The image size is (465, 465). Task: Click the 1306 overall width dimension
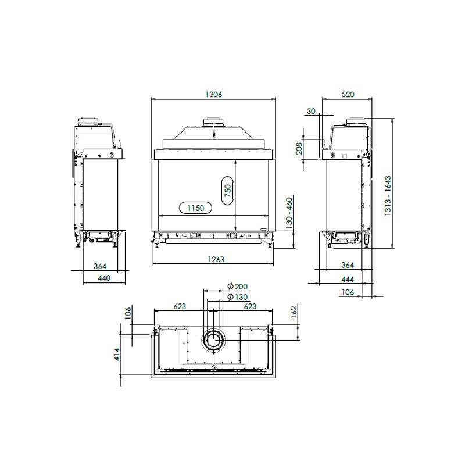(213, 95)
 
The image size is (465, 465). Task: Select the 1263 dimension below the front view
(216, 259)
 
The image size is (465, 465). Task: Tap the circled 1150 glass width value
(196, 208)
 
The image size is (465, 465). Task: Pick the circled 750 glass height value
(228, 191)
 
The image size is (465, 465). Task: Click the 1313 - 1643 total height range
(388, 195)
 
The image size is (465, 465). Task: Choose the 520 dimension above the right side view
(348, 94)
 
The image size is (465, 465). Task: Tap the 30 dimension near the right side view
(311, 111)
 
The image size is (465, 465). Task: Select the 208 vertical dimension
(299, 148)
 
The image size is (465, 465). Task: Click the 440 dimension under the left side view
(104, 278)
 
